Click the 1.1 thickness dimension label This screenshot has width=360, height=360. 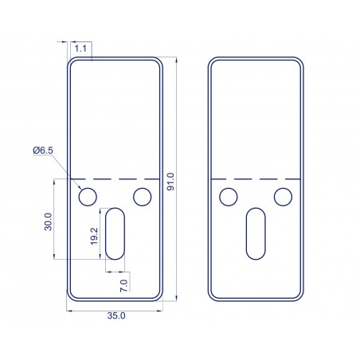pyautogui.click(x=80, y=49)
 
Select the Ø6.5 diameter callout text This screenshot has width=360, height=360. pyautogui.click(x=43, y=151)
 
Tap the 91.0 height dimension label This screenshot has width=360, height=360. pyautogui.click(x=170, y=182)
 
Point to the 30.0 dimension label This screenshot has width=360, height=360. pyautogui.click(x=48, y=221)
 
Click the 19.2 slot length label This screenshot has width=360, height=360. pyautogui.click(x=94, y=237)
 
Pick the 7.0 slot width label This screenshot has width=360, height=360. pyautogui.click(x=123, y=286)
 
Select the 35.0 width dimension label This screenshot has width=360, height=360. pyautogui.click(x=116, y=315)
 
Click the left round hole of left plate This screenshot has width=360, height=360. pyautogui.click(x=88, y=197)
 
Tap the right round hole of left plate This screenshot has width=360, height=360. pyautogui.click(x=143, y=197)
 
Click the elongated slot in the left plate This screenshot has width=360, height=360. pyautogui.click(x=115, y=233)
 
